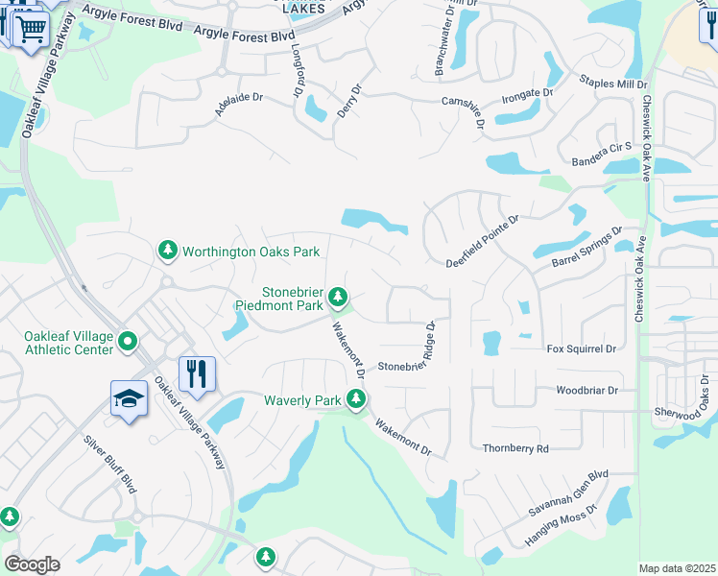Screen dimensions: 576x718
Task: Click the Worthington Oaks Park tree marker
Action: click(168, 251)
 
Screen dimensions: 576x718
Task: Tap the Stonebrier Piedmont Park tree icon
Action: click(337, 296)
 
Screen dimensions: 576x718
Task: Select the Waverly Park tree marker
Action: click(356, 398)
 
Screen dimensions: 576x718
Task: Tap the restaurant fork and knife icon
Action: click(198, 372)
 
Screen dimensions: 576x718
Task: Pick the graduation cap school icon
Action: click(129, 398)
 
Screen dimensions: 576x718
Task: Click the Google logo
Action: click(32, 564)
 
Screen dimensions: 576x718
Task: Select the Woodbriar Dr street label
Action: click(586, 391)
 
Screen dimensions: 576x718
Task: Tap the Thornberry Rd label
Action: click(515, 448)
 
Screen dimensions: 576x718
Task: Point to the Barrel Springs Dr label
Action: click(586, 248)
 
